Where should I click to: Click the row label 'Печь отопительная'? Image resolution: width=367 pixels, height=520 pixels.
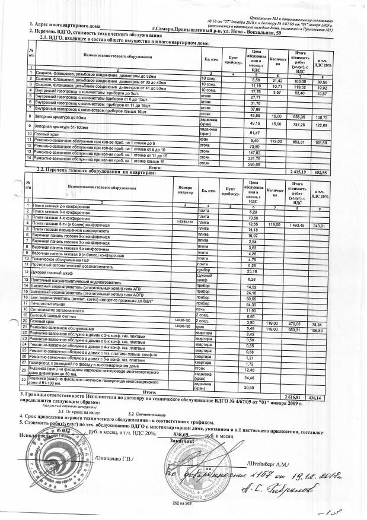[x=48, y=305]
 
